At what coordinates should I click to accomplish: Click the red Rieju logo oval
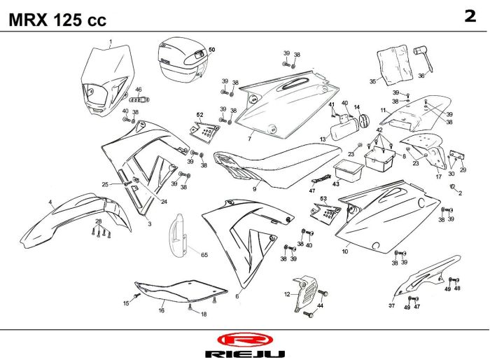pyautogui.click(x=245, y=340)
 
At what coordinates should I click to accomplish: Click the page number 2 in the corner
pyautogui.click(x=470, y=16)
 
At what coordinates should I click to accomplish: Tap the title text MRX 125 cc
pyautogui.click(x=57, y=20)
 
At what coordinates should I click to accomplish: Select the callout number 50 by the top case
pyautogui.click(x=212, y=50)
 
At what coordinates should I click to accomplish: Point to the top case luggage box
pyautogui.click(x=183, y=60)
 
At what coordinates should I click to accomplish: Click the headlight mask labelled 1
pyautogui.click(x=107, y=81)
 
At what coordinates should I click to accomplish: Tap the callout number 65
pyautogui.click(x=204, y=255)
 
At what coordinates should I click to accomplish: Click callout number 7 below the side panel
pyautogui.click(x=249, y=139)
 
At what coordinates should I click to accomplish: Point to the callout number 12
pyautogui.click(x=287, y=294)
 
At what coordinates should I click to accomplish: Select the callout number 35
pyautogui.click(x=373, y=81)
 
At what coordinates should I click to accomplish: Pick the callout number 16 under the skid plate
pyautogui.click(x=161, y=310)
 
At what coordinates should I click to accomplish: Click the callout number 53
pyautogui.click(x=323, y=199)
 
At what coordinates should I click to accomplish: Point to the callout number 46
pyautogui.click(x=138, y=90)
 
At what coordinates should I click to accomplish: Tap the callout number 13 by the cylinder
pyautogui.click(x=323, y=139)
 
